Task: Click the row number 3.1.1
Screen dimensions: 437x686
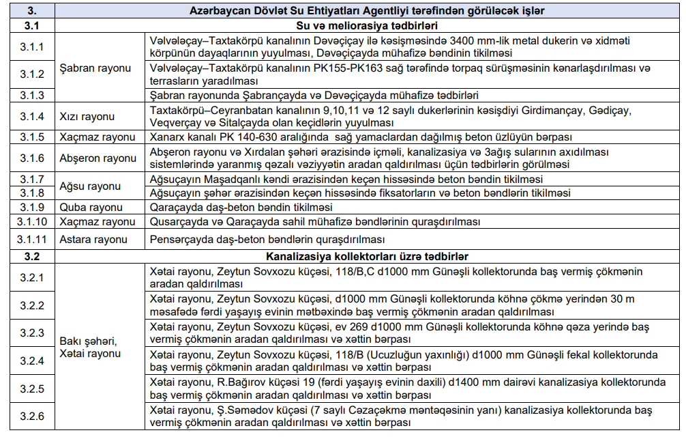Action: (31, 47)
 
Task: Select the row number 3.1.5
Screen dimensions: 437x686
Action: (31, 137)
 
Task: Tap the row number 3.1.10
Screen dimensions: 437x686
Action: (31, 222)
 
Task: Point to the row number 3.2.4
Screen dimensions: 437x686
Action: (31, 360)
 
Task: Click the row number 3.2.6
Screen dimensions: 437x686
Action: (31, 417)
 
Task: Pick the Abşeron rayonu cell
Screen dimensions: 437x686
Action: (98, 158)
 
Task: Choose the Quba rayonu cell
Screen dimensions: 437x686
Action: (90, 208)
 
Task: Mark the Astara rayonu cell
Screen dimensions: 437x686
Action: (93, 240)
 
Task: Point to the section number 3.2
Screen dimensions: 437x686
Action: (31, 257)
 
